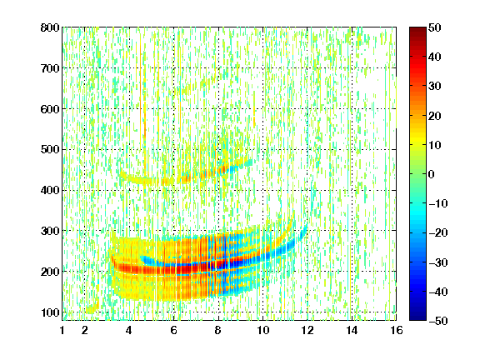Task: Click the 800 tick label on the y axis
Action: click(x=50, y=27)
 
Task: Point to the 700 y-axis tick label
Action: click(x=50, y=68)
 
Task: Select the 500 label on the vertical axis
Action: click(x=50, y=150)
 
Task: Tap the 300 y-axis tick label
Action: click(x=50, y=231)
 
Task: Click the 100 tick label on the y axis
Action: click(x=50, y=312)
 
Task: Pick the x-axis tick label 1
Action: click(x=62, y=330)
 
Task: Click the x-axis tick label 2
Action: click(x=85, y=330)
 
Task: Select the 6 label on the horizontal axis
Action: click(x=174, y=330)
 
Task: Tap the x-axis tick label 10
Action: click(x=263, y=330)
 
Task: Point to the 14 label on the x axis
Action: click(x=352, y=330)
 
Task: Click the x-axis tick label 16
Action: click(x=397, y=330)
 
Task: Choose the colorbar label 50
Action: click(x=435, y=27)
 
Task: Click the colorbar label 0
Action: click(x=432, y=174)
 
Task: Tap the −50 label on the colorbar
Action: click(x=437, y=321)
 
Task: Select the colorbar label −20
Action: click(x=437, y=233)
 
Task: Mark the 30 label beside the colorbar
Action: click(x=435, y=87)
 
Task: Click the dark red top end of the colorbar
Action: click(x=417, y=29)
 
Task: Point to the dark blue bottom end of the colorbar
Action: click(x=417, y=318)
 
